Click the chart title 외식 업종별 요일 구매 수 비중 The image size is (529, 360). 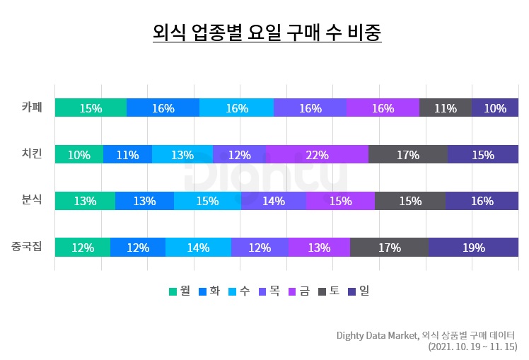click(x=267, y=33)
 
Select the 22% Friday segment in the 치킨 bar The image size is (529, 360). click(x=317, y=155)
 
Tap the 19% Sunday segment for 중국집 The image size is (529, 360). click(x=473, y=248)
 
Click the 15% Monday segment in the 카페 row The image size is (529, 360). click(x=91, y=108)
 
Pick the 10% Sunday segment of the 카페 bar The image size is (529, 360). click(x=494, y=108)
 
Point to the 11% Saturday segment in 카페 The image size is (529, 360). click(x=445, y=108)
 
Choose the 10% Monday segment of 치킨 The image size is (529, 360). click(x=79, y=155)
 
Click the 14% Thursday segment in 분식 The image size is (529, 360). click(x=273, y=201)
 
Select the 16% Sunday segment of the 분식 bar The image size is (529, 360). click(x=482, y=201)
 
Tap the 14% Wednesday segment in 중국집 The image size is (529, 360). click(x=198, y=248)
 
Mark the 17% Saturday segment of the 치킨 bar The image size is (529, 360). click(x=407, y=155)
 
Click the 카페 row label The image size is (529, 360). click(x=32, y=108)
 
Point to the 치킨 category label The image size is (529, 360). click(x=32, y=154)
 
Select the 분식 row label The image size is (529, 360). click(x=32, y=200)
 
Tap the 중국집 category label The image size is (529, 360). click(x=27, y=247)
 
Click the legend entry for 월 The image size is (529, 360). click(x=180, y=291)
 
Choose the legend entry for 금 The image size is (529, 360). click(x=299, y=291)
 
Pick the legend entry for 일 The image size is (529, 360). click(x=359, y=291)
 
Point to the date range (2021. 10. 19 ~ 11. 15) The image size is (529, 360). click(x=472, y=347)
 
